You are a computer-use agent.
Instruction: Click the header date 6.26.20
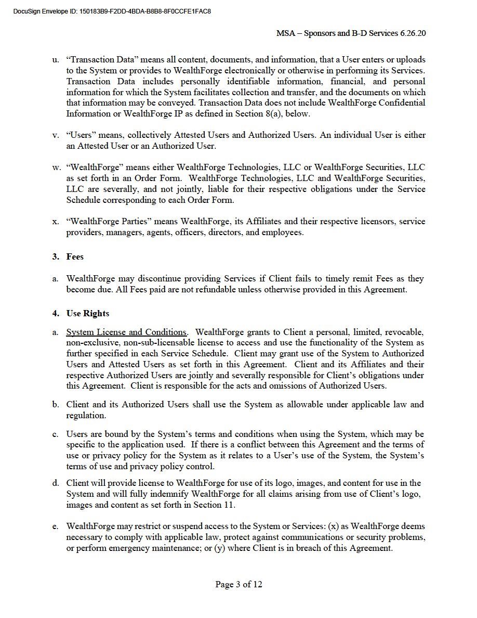[x=413, y=33]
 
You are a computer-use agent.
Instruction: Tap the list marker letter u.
[x=55, y=60]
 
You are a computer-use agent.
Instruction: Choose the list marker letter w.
[x=56, y=168]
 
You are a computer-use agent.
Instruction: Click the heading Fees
[x=75, y=257]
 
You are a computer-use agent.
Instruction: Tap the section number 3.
[x=55, y=257]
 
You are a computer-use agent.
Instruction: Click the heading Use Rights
[x=88, y=314]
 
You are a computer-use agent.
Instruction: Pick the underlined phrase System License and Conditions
[x=126, y=332]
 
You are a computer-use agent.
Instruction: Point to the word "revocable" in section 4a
[x=405, y=332]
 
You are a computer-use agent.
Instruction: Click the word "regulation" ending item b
[x=86, y=416]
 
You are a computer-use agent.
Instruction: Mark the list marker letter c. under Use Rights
[x=55, y=434]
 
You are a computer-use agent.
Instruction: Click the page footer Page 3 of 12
[x=239, y=585]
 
